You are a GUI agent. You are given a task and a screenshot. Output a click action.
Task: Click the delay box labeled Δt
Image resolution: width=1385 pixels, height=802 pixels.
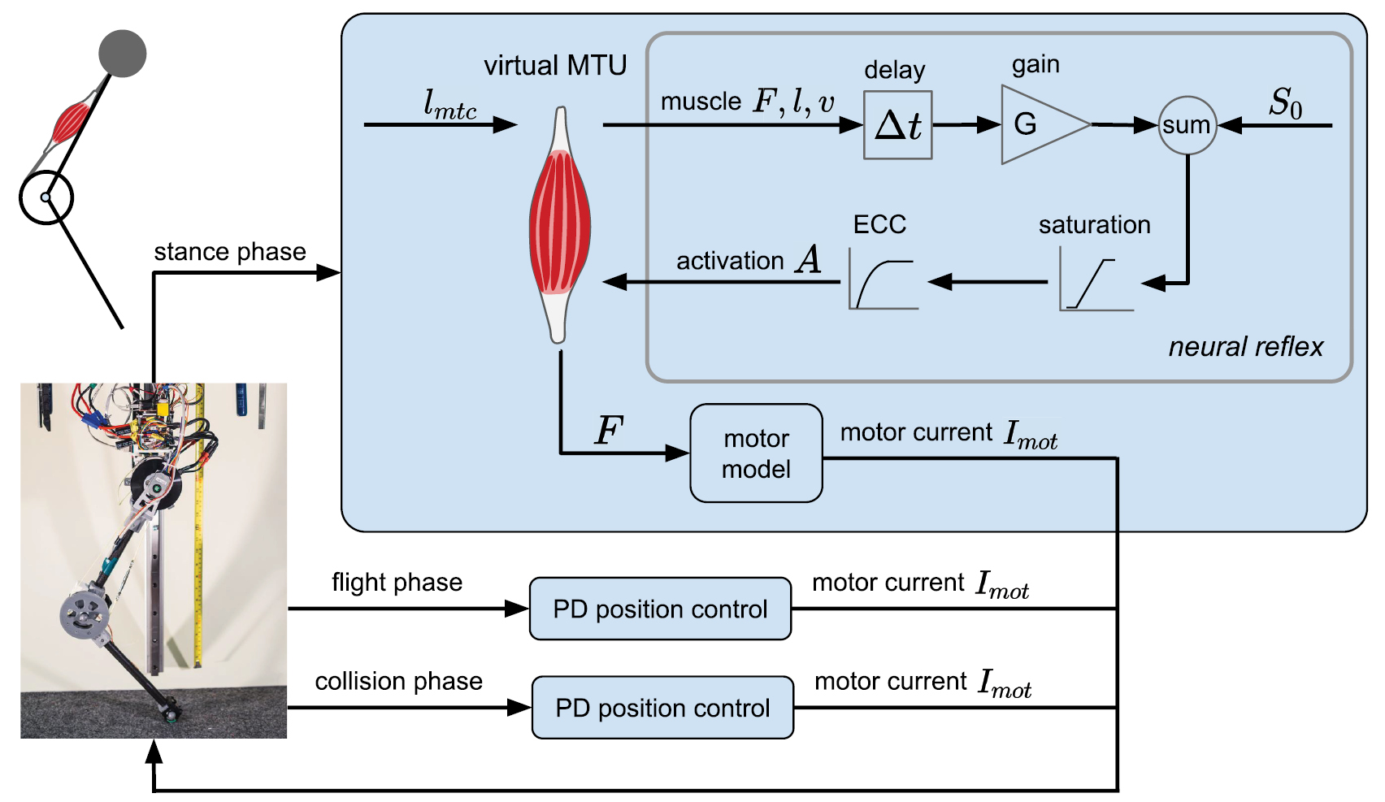coord(897,125)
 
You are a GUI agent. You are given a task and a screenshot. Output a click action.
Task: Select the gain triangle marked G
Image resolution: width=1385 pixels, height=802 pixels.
coord(1036,125)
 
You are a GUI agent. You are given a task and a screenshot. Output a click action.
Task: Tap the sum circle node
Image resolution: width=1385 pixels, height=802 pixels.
coord(1187,125)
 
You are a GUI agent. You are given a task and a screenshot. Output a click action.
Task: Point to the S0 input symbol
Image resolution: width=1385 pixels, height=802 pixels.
coord(1285,103)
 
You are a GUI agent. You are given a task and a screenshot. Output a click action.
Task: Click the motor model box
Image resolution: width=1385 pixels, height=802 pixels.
coord(756,453)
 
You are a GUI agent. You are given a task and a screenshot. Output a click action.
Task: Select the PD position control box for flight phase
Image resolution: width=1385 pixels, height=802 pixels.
coord(660,609)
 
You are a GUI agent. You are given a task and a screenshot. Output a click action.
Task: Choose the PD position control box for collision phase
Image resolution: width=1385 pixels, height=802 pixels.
coord(662,708)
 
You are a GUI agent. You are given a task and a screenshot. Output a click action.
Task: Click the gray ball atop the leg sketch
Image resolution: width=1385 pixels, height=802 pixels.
coord(123,54)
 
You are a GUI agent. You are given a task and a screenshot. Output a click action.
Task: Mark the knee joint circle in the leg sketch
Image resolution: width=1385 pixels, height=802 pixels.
coord(46,197)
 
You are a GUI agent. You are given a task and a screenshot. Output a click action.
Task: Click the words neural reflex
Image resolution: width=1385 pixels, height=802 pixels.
coord(1245,347)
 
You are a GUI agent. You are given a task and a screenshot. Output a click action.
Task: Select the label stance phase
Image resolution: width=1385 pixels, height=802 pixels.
coord(230,252)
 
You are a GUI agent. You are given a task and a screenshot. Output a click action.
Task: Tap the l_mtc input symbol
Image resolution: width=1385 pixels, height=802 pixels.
coord(449,105)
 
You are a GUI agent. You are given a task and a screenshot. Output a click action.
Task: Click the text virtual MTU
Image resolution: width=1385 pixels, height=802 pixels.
coord(555,66)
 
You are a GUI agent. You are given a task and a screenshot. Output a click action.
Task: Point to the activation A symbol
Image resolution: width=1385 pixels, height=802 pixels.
coord(809,260)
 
